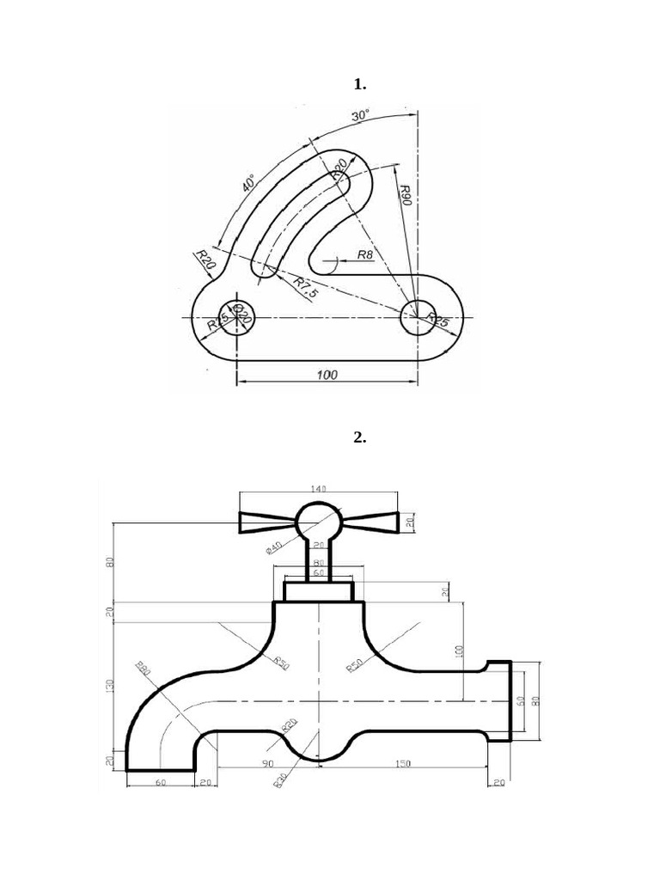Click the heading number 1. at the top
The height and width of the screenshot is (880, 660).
360,84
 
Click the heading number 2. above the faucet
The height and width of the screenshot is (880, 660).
360,437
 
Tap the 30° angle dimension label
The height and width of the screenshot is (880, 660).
360,114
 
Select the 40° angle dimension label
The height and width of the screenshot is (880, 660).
248,183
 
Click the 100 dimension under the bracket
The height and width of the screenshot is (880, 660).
327,374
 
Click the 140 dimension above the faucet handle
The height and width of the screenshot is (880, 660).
318,488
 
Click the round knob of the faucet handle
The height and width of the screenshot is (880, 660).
318,521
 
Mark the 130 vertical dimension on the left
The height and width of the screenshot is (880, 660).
108,687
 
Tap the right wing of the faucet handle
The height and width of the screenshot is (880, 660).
370,521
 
